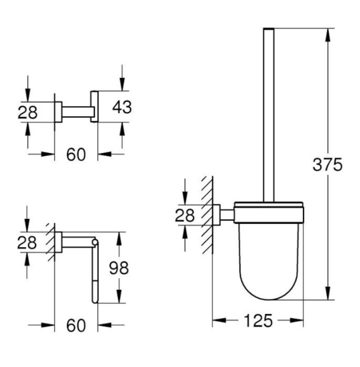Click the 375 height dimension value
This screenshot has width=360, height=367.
(x=327, y=165)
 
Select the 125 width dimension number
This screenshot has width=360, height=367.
(x=258, y=320)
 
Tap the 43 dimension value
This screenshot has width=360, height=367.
(x=122, y=107)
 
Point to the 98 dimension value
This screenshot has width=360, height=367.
(x=119, y=268)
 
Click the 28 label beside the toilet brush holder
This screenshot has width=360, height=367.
(x=184, y=215)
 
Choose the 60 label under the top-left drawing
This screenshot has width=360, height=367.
(x=76, y=155)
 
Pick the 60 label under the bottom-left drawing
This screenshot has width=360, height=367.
(x=76, y=325)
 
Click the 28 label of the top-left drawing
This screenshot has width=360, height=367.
(x=28, y=112)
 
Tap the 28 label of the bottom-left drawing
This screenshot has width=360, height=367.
(x=27, y=242)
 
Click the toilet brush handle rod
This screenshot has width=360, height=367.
(x=269, y=115)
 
